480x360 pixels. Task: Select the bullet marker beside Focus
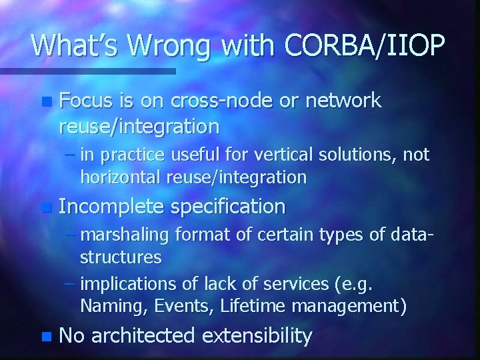pyautogui.click(x=45, y=102)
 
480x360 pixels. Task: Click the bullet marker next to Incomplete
pyautogui.click(x=45, y=207)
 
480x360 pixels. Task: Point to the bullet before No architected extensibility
pyautogui.click(x=45, y=337)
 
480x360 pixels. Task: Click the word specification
pyautogui.click(x=228, y=207)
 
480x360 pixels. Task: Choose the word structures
pyautogui.click(x=121, y=257)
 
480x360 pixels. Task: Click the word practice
pyautogui.click(x=133, y=156)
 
